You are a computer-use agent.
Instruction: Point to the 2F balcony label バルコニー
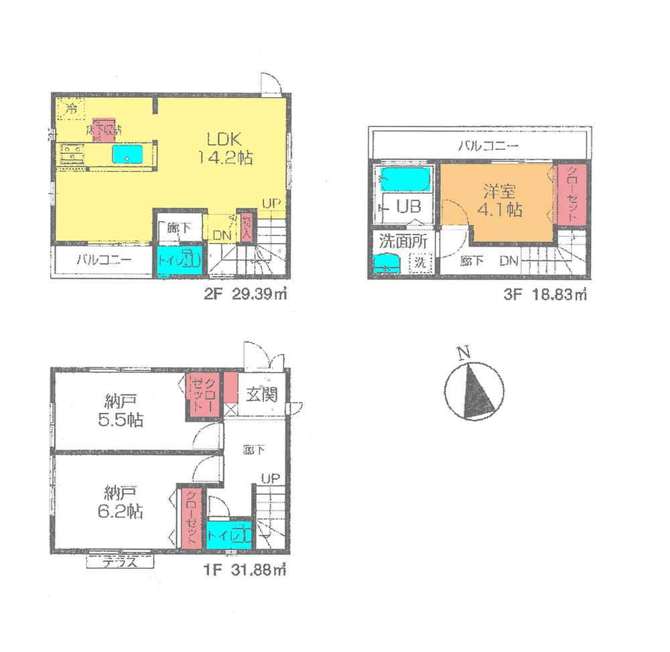click(103, 261)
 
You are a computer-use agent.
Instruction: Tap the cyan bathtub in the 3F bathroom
click(403, 180)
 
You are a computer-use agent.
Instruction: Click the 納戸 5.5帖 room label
click(122, 411)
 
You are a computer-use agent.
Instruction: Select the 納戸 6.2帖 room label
click(122, 502)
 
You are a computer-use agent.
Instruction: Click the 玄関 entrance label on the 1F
click(260, 395)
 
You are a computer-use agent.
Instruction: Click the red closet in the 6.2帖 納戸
click(190, 517)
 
